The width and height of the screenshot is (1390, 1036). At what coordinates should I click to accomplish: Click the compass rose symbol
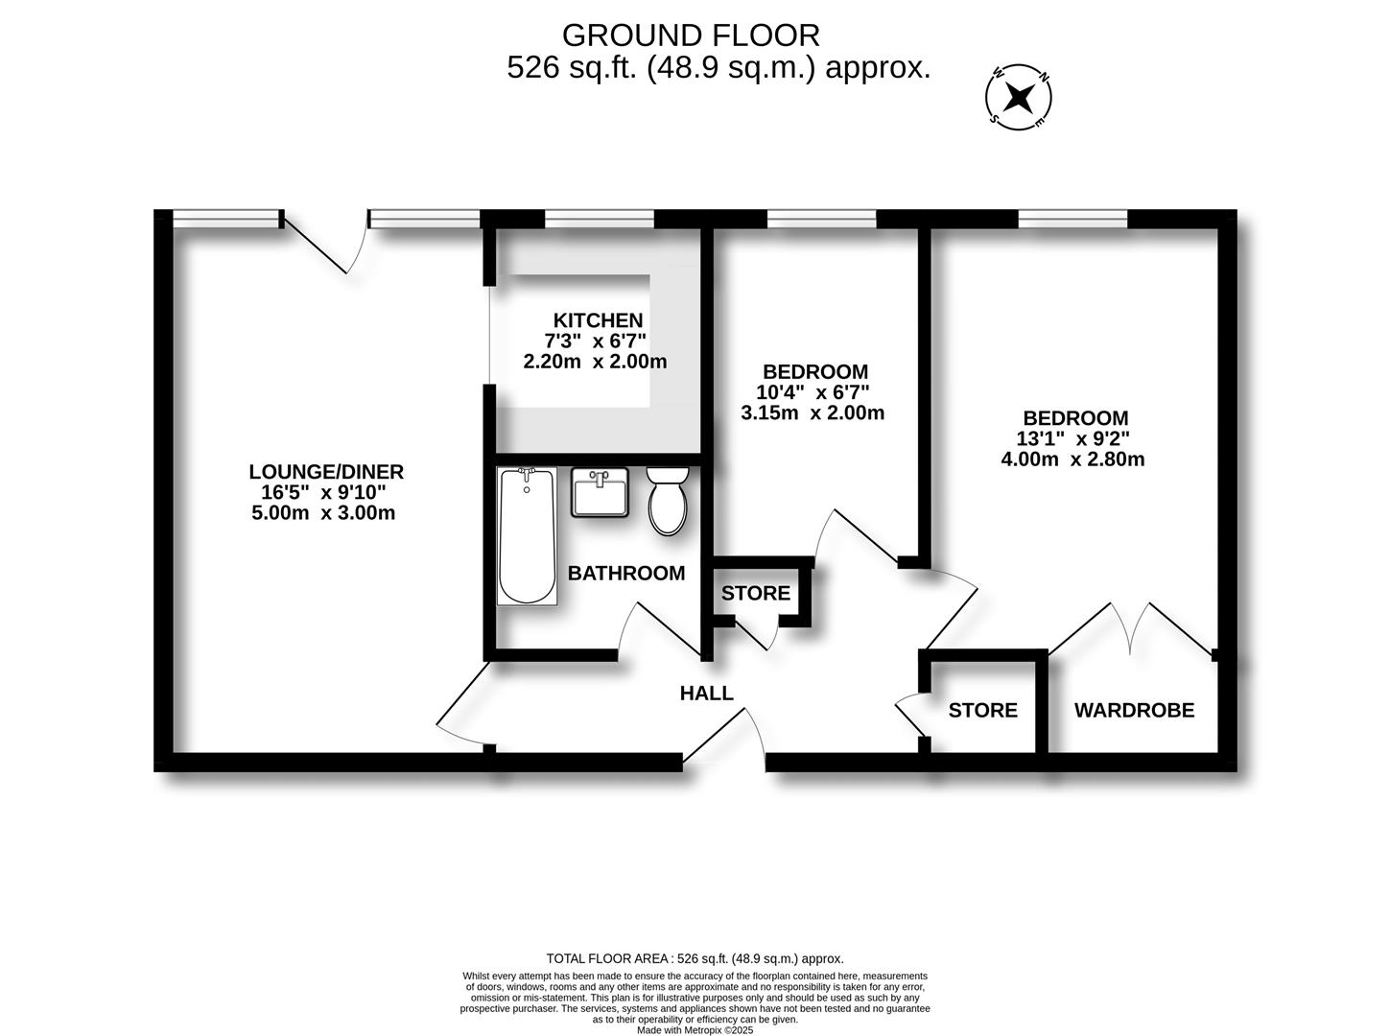(1020, 96)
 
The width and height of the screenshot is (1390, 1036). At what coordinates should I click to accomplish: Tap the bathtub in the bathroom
(527, 536)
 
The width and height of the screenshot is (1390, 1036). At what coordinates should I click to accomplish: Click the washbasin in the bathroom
(601, 492)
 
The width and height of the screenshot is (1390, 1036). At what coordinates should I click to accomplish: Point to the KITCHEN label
(598, 320)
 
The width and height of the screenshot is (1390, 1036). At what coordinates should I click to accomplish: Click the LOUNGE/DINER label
(326, 472)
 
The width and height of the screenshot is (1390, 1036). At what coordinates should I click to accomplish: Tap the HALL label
(706, 693)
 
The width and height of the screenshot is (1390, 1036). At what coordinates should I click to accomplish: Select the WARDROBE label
(1134, 711)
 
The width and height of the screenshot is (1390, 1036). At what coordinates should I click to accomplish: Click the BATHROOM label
(626, 574)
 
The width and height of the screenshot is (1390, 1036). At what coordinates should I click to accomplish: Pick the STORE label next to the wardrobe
(982, 711)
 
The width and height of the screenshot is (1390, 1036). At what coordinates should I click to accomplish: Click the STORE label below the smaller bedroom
(756, 594)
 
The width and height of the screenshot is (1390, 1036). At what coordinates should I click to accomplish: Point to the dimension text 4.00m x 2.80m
(1073, 459)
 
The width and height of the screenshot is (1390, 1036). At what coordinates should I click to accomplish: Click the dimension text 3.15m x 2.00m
(813, 413)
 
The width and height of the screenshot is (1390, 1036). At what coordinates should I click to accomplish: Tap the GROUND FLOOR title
(691, 35)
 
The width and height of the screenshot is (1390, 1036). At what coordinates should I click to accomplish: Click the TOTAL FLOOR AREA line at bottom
(695, 958)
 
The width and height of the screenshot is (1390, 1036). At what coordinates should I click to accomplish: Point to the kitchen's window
(599, 220)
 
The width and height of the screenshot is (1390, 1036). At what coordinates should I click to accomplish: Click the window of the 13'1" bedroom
(1072, 220)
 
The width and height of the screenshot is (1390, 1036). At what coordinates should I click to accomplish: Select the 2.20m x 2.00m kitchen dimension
(595, 363)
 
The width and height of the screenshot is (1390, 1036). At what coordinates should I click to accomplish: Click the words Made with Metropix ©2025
(695, 1030)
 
